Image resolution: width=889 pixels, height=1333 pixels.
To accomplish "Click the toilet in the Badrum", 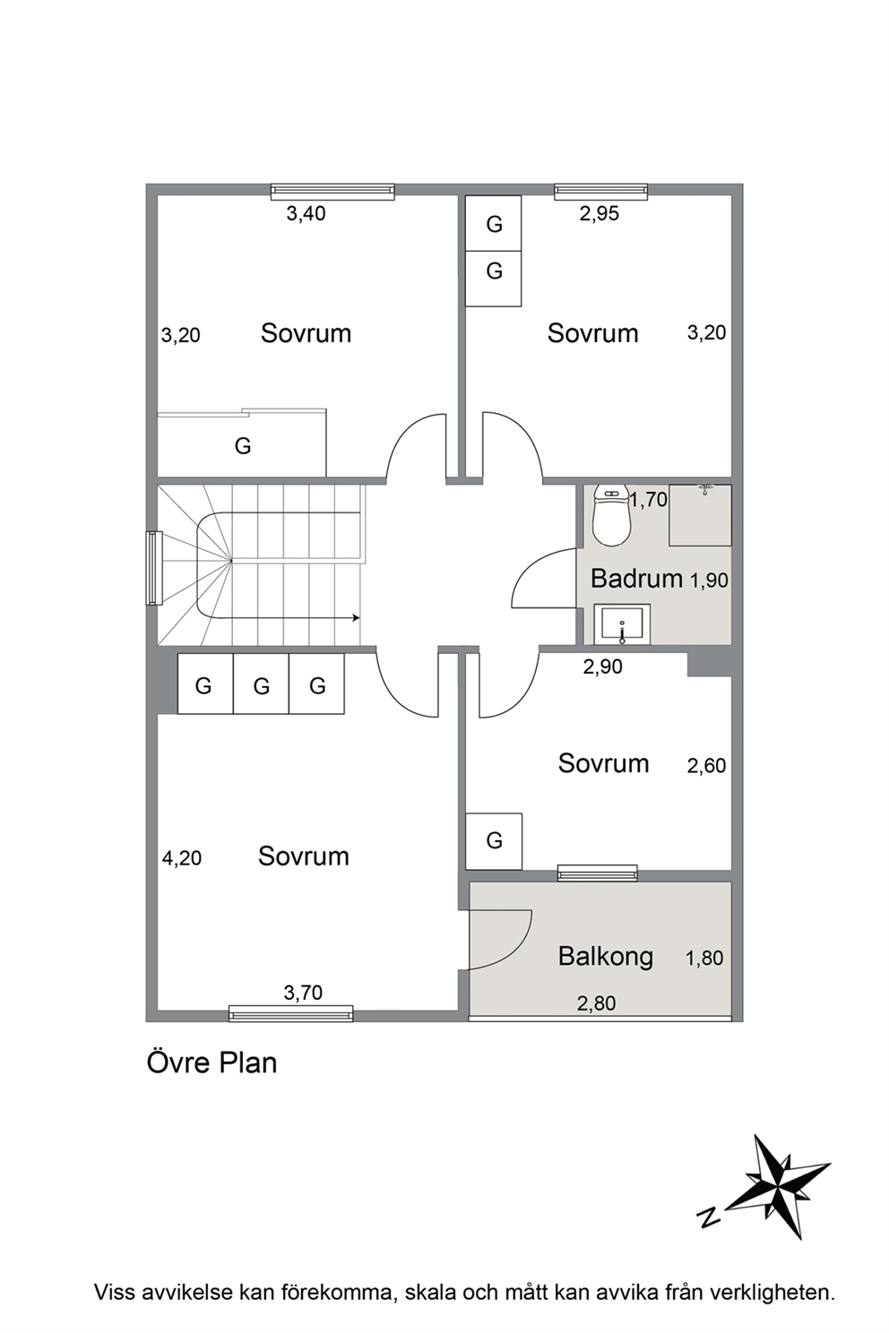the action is [611, 514].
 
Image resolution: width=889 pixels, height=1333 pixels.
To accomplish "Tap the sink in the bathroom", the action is [622, 624].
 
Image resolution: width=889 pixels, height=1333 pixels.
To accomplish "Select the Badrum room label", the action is [636, 578].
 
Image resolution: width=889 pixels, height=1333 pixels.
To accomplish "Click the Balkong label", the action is [606, 957].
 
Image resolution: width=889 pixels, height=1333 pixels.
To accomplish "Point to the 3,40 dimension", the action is [306, 213].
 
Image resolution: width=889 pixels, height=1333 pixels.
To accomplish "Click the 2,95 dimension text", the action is [599, 213].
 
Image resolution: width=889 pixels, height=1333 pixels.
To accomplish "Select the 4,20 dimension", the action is [182, 857].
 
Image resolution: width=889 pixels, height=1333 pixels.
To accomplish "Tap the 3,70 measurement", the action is [303, 992].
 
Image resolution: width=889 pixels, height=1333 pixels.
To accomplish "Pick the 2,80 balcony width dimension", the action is [596, 1002].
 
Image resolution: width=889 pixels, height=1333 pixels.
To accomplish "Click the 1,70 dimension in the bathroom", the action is [649, 499].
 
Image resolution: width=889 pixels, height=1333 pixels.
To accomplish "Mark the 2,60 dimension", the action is [706, 765].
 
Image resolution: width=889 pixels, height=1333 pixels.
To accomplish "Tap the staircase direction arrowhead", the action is [356, 618].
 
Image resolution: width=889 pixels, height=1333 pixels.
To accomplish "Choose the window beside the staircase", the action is [154, 568].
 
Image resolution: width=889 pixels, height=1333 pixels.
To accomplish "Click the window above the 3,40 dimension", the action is [332, 191].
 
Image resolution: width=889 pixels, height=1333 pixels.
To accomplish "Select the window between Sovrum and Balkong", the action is [597, 873].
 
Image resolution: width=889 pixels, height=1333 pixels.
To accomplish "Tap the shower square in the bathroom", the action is [700, 515].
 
